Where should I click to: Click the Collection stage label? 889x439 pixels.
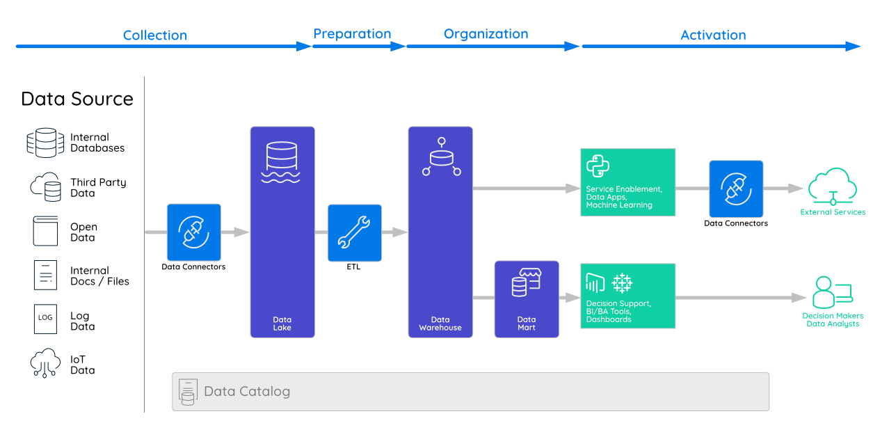154,35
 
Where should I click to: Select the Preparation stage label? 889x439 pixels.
352,34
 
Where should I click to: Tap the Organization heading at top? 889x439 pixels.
486,34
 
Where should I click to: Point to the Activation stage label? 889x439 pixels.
713,35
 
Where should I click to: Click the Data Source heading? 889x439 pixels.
77,99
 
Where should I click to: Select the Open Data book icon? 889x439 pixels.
45,231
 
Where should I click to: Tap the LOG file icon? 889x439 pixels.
45,318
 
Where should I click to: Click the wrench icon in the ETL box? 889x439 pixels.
355,232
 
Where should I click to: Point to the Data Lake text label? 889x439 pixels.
282,324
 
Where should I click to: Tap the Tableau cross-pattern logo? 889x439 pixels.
621,283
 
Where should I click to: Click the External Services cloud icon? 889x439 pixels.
833,186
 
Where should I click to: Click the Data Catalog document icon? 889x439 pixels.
187,392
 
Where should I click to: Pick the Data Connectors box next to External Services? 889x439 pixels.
736,189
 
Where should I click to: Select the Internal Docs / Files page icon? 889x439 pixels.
45,275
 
